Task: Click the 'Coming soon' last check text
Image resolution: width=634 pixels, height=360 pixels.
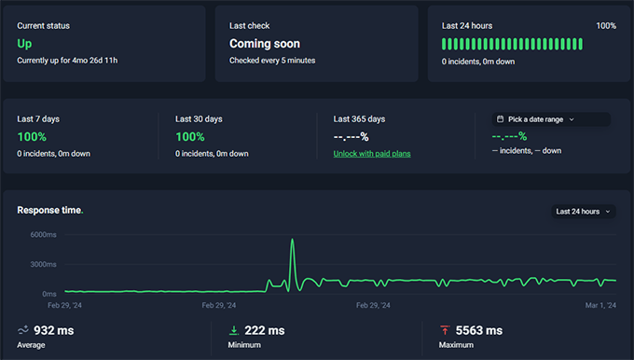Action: tap(265, 43)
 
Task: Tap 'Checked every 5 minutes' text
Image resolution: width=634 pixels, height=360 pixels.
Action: tap(272, 61)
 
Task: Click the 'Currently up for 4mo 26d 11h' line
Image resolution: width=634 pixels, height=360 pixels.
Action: tap(67, 61)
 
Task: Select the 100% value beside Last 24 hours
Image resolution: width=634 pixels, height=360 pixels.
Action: tap(606, 26)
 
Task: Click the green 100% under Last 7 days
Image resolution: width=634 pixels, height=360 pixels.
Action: tap(32, 137)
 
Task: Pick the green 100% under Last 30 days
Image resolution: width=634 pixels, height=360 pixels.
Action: tap(190, 137)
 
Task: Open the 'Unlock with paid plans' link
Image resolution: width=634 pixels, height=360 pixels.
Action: tap(372, 153)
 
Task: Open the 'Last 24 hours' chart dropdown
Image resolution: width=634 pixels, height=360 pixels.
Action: tap(583, 212)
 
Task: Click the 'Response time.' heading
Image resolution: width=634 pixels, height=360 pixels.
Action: tap(50, 211)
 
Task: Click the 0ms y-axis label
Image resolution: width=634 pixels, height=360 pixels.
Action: tap(49, 293)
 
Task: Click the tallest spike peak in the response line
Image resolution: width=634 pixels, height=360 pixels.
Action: tap(293, 241)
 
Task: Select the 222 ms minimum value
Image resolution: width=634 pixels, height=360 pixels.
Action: tap(264, 330)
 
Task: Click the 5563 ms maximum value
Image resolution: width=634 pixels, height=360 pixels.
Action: tap(479, 330)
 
